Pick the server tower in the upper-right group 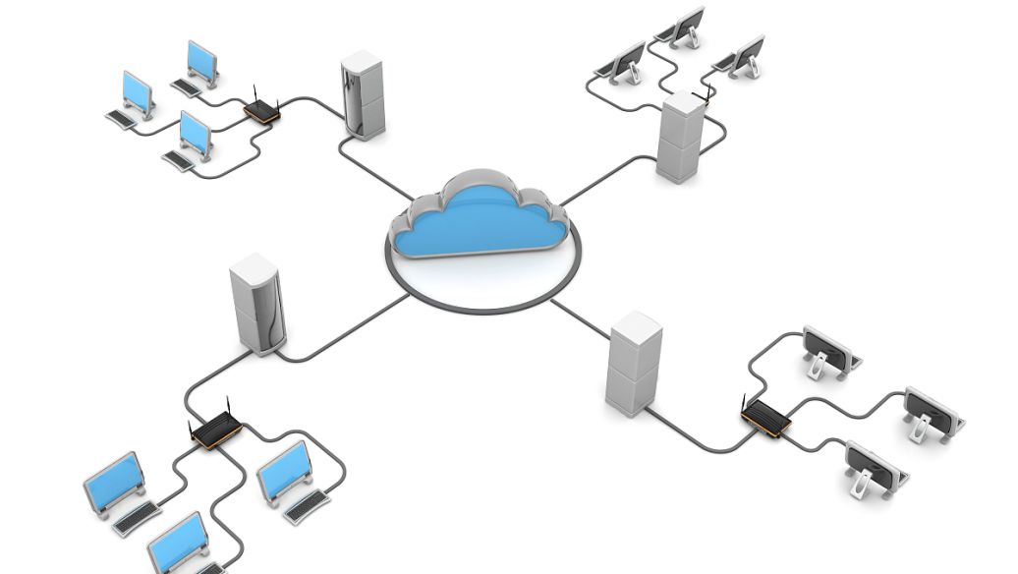click(680, 138)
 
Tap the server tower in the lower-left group click(256, 305)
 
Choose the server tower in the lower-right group click(634, 364)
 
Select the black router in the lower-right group click(765, 419)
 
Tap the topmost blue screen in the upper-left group click(202, 61)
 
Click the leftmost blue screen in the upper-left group click(139, 91)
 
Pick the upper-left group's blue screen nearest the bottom click(196, 132)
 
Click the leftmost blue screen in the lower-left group click(114, 481)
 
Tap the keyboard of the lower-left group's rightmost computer click(308, 505)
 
